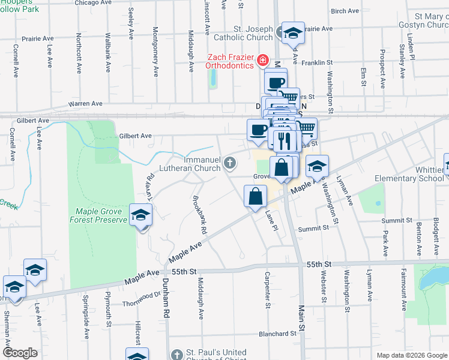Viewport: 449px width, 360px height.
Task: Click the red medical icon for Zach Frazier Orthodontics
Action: [x=262, y=60]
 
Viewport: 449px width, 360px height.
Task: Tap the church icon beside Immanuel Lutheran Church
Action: [x=229, y=163]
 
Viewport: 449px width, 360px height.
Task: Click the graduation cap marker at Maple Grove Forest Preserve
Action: [x=140, y=215]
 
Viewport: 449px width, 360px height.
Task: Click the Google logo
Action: [x=20, y=353]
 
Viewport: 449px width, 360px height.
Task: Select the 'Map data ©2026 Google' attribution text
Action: [x=411, y=355]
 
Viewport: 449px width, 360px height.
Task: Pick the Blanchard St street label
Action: [x=277, y=334]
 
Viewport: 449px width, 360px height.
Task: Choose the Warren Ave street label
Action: [x=85, y=104]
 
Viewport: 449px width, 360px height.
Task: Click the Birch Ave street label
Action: [x=345, y=11]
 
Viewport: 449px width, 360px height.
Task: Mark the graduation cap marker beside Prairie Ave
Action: [x=293, y=33]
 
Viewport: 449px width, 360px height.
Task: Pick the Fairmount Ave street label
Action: [x=397, y=294]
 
